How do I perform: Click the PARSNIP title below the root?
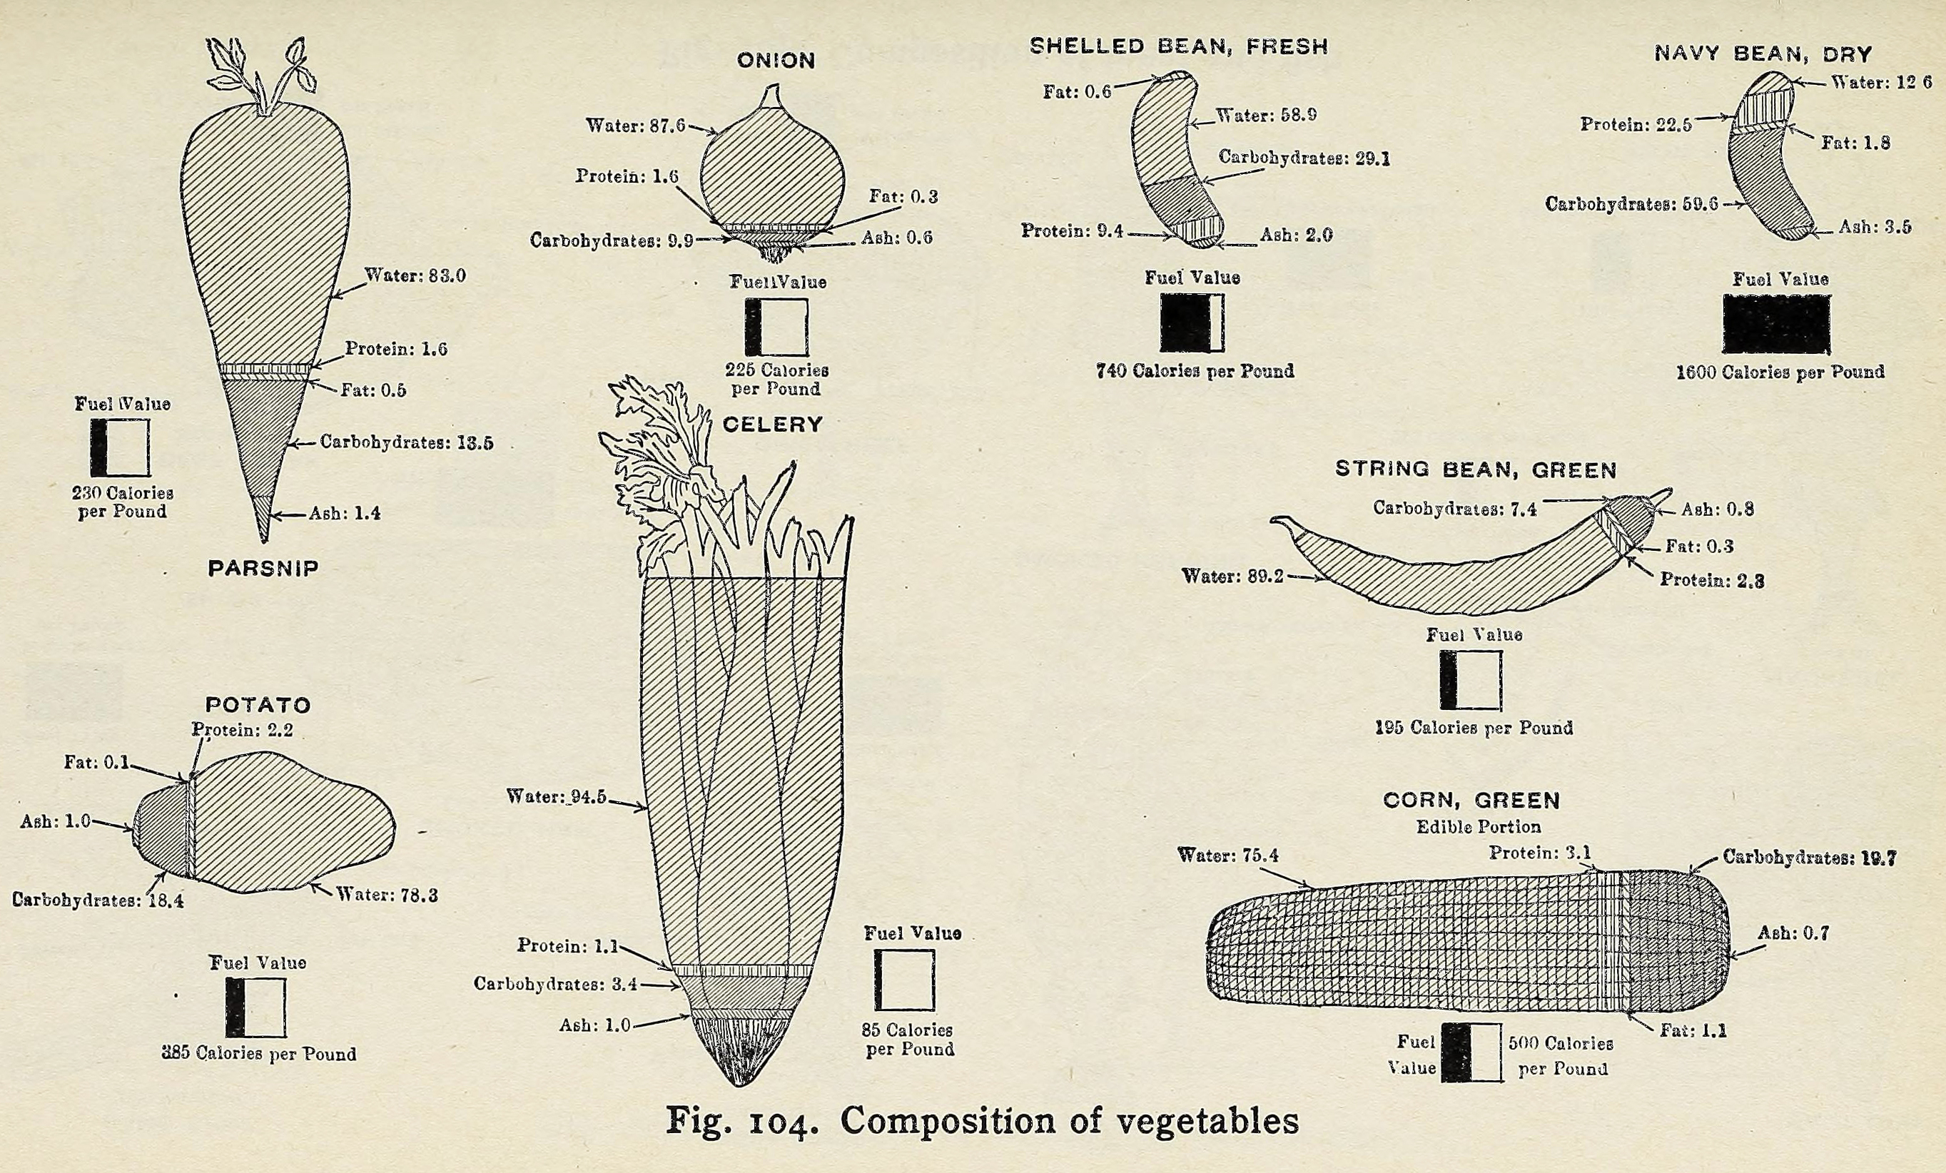(x=263, y=568)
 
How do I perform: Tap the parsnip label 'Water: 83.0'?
(x=415, y=275)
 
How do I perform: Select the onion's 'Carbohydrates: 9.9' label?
(x=612, y=240)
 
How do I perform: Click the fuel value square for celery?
(x=903, y=980)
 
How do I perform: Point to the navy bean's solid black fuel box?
(x=1776, y=324)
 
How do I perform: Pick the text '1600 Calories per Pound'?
(x=1780, y=372)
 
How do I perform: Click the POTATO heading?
(x=258, y=705)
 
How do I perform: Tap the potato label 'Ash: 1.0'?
(x=55, y=821)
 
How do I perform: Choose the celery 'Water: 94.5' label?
(x=556, y=797)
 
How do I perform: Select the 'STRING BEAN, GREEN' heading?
(x=1476, y=470)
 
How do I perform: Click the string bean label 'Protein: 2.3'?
(x=1711, y=580)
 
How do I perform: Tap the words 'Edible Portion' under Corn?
(x=1478, y=827)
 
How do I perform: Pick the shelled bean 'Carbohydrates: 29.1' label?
(x=1304, y=157)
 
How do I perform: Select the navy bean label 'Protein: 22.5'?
(x=1636, y=125)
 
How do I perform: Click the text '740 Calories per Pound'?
(x=1195, y=370)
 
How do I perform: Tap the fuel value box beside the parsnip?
(x=120, y=448)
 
